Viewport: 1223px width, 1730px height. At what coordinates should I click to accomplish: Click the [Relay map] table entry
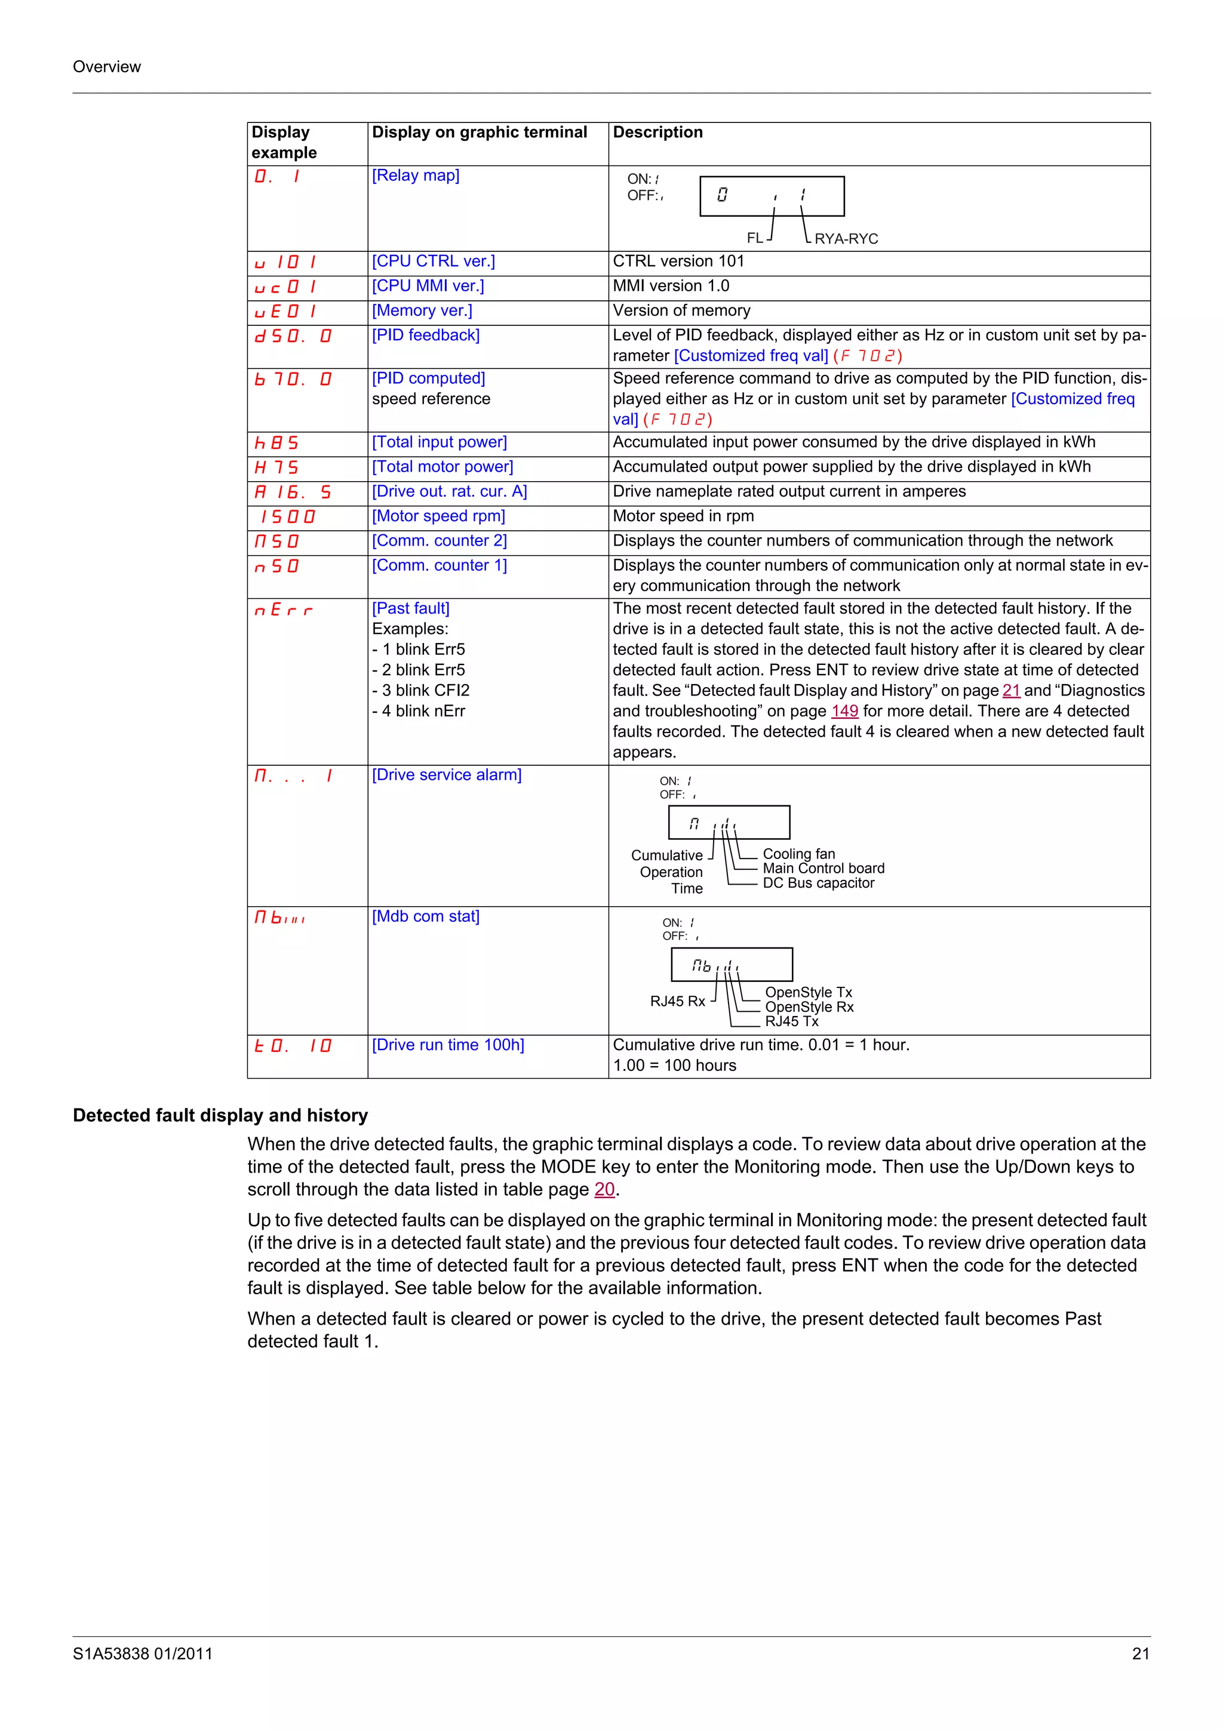coord(415,176)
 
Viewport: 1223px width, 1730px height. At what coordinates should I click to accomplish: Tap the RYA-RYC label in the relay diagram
coord(846,239)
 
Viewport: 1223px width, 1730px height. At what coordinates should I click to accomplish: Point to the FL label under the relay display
coord(754,238)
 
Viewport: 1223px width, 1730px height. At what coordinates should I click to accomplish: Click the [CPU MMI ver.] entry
coord(427,287)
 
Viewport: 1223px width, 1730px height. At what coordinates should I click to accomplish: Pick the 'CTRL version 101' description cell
coord(678,261)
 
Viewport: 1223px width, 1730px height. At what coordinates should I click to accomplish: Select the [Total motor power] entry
coord(443,467)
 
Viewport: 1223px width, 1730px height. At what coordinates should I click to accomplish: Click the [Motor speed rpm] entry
coord(438,516)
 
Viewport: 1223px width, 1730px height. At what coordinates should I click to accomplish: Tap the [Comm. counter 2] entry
coord(440,541)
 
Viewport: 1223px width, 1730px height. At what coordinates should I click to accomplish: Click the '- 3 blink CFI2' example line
coord(420,690)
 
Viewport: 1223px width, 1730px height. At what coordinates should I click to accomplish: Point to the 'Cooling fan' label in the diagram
coord(799,854)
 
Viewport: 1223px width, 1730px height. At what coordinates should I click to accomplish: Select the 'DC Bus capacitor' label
coord(818,883)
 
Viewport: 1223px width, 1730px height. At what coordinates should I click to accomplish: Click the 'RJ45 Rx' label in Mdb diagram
coord(677,1001)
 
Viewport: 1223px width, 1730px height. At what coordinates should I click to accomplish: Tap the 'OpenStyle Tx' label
coord(809,992)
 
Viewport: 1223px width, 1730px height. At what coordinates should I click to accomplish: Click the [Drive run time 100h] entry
coord(448,1045)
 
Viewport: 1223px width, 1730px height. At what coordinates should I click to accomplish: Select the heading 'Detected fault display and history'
coord(220,1115)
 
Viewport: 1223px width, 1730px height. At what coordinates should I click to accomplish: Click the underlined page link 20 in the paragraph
coord(604,1190)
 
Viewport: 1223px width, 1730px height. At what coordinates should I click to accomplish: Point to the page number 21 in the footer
coord(1140,1654)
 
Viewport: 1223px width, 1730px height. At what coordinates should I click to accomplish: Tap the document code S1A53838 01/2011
coord(142,1654)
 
